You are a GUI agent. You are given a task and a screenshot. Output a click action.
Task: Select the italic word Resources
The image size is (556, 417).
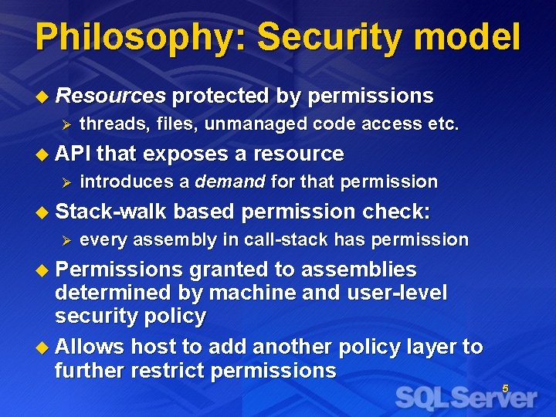click(111, 96)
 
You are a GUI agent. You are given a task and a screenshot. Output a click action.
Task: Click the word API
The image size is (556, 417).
click(73, 154)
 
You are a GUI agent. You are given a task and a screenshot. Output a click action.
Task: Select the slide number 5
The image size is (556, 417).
click(505, 388)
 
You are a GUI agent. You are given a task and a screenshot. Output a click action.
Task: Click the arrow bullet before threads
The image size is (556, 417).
click(66, 124)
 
